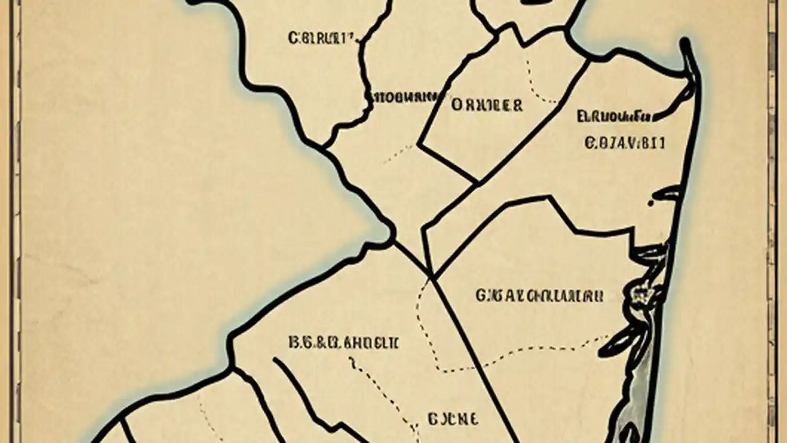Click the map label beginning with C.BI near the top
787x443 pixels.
(x=322, y=38)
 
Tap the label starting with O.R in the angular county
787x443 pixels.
(x=487, y=105)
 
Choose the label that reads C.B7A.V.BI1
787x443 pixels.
(x=625, y=143)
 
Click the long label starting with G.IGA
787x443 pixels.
(x=539, y=296)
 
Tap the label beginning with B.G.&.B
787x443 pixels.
(x=343, y=343)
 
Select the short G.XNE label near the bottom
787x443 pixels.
(x=452, y=420)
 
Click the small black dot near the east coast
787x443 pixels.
(x=651, y=202)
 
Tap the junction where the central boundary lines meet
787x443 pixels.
(x=432, y=276)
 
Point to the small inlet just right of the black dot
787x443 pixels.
(x=667, y=194)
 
